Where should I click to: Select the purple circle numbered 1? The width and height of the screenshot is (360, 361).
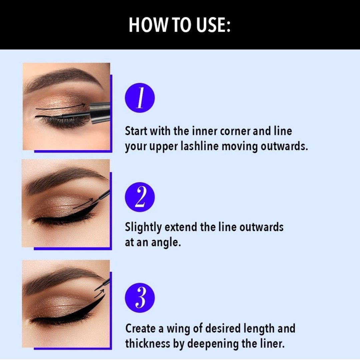coord(140,98)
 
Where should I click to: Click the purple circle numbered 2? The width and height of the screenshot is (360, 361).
coord(140,197)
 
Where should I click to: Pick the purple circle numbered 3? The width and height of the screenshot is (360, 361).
coord(140,298)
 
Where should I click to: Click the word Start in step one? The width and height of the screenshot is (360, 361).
coord(136,131)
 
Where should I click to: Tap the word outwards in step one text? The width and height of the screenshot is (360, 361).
coord(284,146)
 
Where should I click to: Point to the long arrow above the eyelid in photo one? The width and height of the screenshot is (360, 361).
coord(60,107)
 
